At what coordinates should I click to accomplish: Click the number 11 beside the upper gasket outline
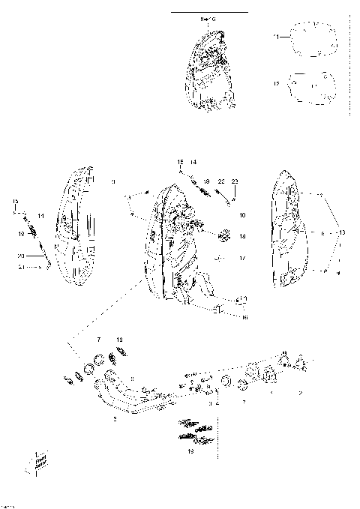275,36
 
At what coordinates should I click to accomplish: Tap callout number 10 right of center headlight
242,216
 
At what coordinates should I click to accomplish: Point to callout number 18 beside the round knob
242,236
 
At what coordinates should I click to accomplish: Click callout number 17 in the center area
242,259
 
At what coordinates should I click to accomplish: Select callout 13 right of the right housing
343,233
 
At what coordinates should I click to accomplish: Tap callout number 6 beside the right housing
322,233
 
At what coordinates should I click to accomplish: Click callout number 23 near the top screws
234,182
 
